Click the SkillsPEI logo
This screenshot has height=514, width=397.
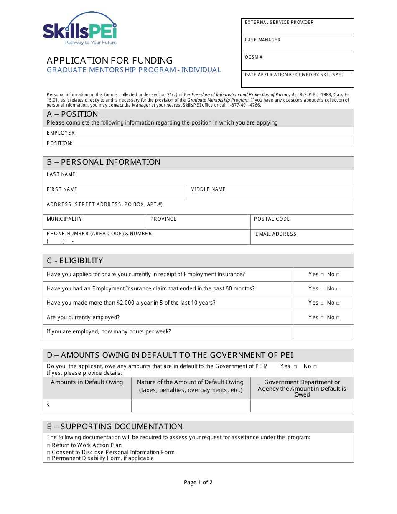coord(80,28)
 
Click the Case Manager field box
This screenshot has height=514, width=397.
coord(297,45)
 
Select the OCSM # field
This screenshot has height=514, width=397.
coord(297,62)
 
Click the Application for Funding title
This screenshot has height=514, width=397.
coord(109,60)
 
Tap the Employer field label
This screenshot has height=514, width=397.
coord(61,133)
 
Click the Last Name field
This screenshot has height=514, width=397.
coord(198,178)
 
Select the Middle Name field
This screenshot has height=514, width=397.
coord(270,193)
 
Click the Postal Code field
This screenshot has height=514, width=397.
coord(302,222)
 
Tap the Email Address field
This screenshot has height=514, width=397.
coord(302,237)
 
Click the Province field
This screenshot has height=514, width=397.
coord(198,222)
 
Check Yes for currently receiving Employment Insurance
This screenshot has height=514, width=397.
coord(322,275)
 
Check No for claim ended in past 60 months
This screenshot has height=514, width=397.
coord(338,289)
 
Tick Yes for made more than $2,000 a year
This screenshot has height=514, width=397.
coord(322,303)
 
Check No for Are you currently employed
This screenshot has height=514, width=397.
coord(338,318)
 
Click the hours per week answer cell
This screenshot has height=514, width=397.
coord(323,332)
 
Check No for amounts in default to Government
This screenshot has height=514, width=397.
coord(315,367)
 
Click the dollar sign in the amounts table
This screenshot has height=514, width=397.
coord(48,405)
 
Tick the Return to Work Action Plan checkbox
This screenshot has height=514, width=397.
coord(48,446)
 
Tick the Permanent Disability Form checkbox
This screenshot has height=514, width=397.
coord(48,459)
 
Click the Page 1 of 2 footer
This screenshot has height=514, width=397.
coord(198,482)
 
